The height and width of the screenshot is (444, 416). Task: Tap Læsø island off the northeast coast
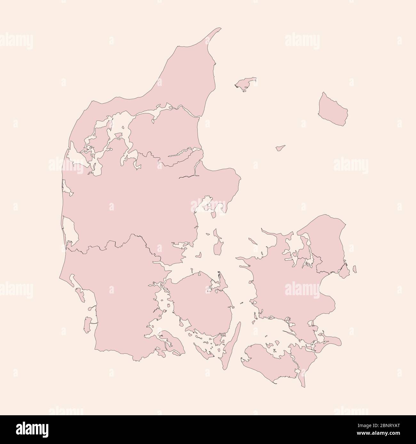point(246,83)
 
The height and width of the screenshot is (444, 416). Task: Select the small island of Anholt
point(281,148)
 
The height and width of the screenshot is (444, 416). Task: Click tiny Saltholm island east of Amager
point(354,269)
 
